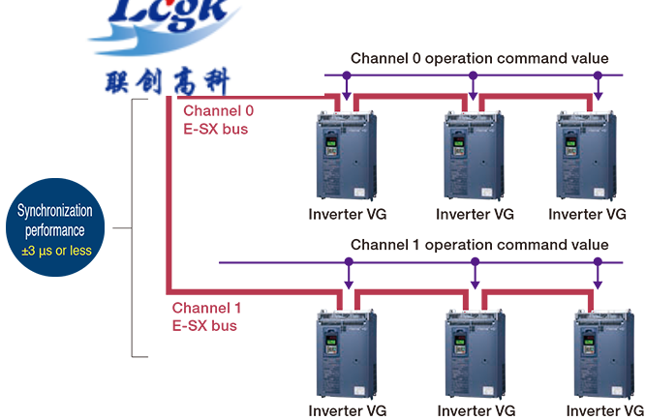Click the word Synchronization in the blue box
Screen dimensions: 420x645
55,209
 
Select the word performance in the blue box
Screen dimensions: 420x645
55,231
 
